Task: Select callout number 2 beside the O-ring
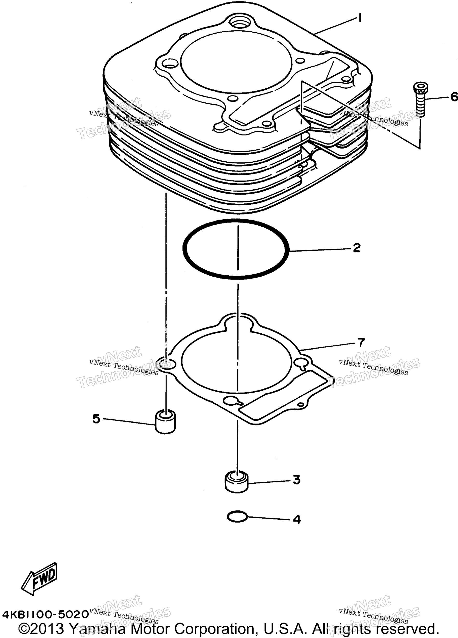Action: (x=357, y=248)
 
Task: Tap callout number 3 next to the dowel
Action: (x=297, y=480)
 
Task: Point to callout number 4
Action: (x=297, y=519)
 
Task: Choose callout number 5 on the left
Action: (x=96, y=427)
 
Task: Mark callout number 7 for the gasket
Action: (x=361, y=342)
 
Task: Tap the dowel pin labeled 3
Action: (x=236, y=483)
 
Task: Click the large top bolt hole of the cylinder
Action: (x=239, y=22)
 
